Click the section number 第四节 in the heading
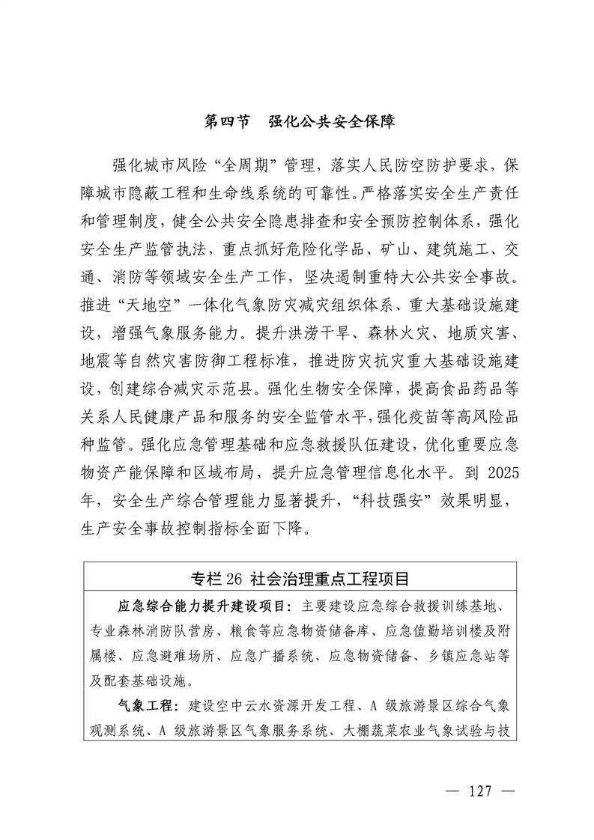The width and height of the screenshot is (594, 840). click(x=227, y=121)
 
